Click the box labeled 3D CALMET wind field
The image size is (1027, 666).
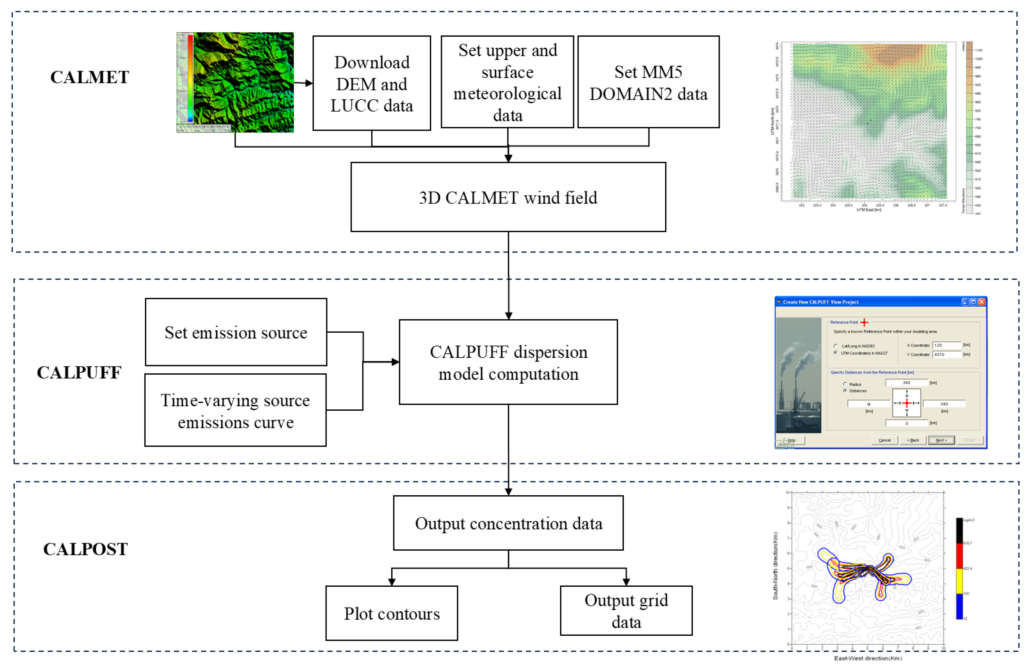point(508,197)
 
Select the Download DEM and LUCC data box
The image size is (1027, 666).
point(371,83)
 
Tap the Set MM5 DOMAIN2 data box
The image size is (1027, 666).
point(648,82)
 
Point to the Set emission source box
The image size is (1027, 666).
point(236,332)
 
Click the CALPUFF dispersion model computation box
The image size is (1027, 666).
point(508,362)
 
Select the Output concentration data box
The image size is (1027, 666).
point(508,523)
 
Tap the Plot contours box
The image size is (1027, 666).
point(392,613)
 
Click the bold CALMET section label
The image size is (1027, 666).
point(89,77)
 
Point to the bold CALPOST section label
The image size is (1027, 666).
point(85,549)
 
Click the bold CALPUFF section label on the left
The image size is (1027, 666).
point(79,373)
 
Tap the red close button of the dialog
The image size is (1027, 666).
point(982,302)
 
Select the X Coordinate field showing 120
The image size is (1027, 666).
point(947,345)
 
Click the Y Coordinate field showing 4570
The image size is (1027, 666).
point(947,354)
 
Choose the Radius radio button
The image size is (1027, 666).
point(845,384)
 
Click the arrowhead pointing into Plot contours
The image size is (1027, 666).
point(392,582)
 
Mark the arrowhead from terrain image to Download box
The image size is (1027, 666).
point(309,83)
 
